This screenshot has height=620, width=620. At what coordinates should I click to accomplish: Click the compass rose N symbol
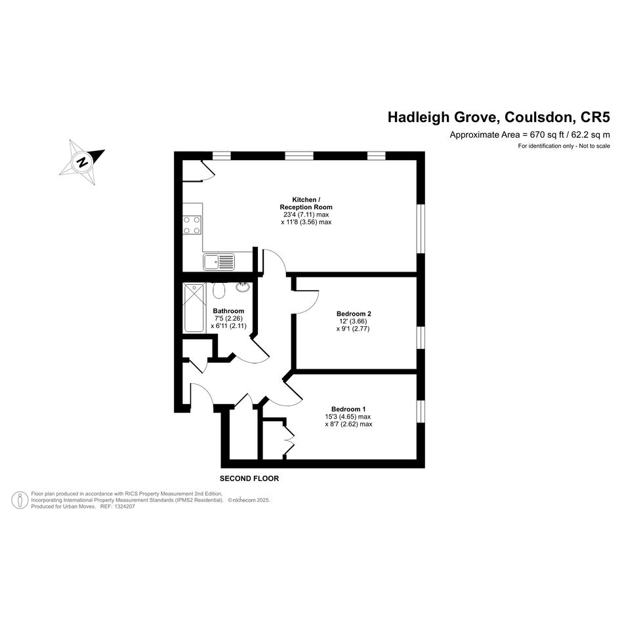(x=82, y=162)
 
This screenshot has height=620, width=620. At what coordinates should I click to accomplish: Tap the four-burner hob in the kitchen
(x=192, y=225)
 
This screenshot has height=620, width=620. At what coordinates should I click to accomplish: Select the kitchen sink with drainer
(x=218, y=262)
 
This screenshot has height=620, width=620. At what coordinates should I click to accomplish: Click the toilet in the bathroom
(x=218, y=290)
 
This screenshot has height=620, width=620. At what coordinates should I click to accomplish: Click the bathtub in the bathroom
(x=194, y=308)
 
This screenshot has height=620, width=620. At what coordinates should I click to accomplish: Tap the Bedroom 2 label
(x=354, y=314)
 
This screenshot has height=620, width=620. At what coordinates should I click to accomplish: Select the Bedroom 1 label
(x=348, y=409)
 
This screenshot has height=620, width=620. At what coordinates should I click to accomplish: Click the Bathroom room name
(x=228, y=311)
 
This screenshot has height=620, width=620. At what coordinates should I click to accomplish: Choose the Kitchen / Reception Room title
(x=306, y=203)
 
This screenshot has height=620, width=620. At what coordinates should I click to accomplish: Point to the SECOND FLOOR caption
(x=249, y=478)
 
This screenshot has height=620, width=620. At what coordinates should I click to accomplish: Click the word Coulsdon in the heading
(x=537, y=117)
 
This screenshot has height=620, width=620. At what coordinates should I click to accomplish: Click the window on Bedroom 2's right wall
(x=421, y=338)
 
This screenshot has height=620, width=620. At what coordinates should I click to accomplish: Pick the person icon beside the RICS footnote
(x=20, y=500)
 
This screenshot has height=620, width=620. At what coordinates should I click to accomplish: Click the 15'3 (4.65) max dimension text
(x=348, y=417)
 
